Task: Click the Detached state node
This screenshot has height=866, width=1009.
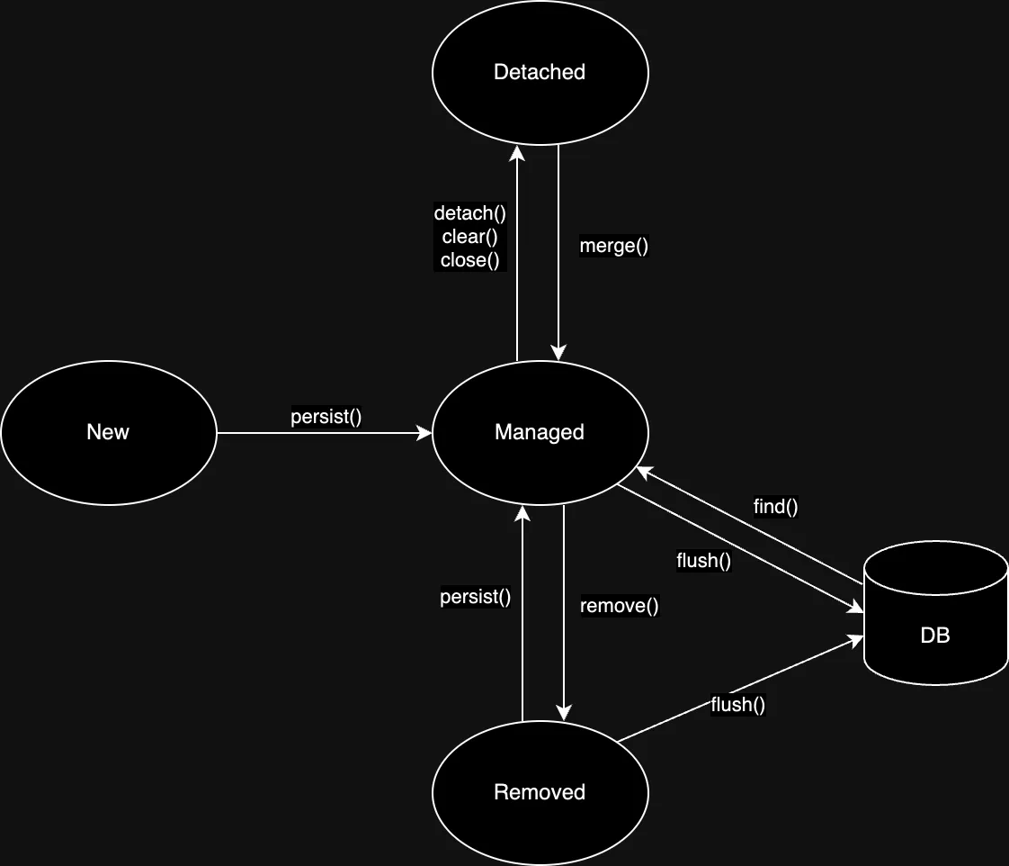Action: [540, 72]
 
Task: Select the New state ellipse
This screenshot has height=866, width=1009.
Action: [108, 432]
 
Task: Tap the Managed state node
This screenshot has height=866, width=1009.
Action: [540, 432]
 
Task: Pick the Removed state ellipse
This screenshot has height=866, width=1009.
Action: [540, 792]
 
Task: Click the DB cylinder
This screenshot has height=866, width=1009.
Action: [935, 621]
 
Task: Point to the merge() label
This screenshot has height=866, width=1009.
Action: [614, 246]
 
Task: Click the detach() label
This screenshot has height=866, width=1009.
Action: [470, 213]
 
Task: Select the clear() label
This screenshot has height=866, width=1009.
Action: [469, 237]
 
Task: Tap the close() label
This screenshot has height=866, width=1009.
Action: [469, 260]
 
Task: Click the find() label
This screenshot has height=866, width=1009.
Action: [776, 507]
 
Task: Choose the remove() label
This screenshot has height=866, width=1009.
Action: [620, 606]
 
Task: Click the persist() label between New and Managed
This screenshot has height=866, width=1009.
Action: [326, 417]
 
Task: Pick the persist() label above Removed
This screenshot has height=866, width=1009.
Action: [476, 597]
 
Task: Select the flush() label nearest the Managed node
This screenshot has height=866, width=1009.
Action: [703, 561]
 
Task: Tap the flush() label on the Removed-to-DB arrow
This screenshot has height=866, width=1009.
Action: [738, 704]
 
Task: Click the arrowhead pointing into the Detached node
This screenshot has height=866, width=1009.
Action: [517, 153]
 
